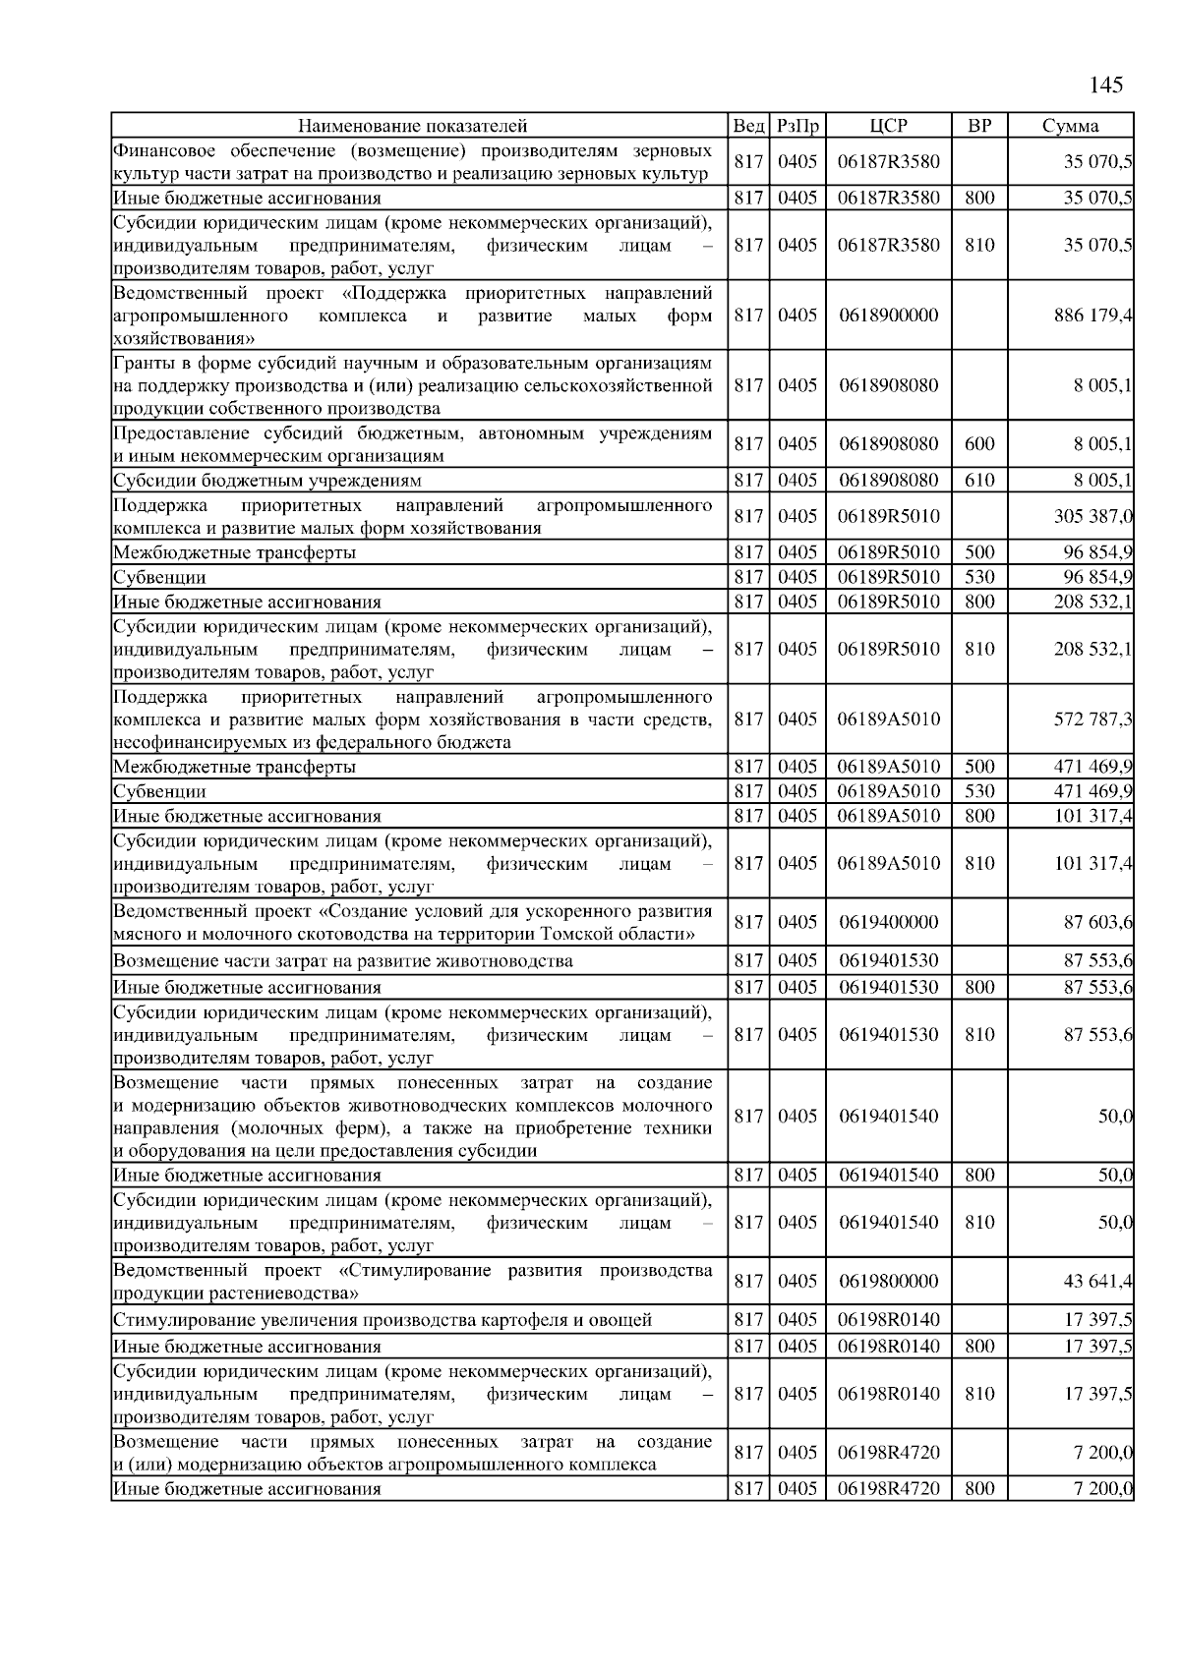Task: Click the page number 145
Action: coord(1106,86)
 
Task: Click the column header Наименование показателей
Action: coord(413,126)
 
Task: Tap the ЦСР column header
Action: coord(888,126)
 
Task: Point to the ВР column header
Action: coord(979,126)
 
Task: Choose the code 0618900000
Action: coord(889,316)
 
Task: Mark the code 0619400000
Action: coord(889,922)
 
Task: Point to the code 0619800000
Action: coord(889,1282)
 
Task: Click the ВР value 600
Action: coord(979,444)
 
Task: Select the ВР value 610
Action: coord(979,481)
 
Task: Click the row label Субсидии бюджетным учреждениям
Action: coord(267,481)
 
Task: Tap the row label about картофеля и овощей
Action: coord(383,1320)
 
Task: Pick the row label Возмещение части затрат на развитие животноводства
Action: coord(343,961)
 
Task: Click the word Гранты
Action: coord(141,363)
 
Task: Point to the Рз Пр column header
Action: coord(797,126)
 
